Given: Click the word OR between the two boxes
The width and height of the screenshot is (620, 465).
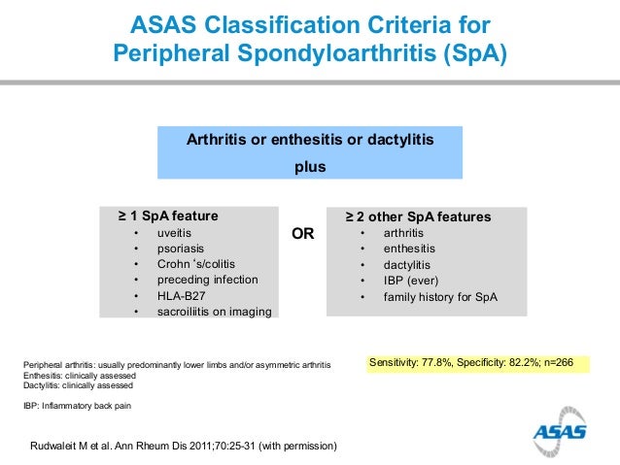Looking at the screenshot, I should tap(303, 234).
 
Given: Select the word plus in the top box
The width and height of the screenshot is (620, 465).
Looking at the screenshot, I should tap(310, 166).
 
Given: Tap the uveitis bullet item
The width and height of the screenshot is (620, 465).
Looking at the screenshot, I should tap(174, 234).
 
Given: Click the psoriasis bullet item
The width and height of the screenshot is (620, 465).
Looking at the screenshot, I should tap(181, 249).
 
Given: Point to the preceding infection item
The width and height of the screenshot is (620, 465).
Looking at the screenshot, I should tap(207, 280).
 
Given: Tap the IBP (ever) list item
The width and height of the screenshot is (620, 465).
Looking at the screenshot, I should tap(410, 280).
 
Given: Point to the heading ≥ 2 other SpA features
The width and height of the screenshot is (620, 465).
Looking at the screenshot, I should tap(419, 216).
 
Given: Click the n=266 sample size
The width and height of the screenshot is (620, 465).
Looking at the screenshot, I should tap(555, 363).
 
